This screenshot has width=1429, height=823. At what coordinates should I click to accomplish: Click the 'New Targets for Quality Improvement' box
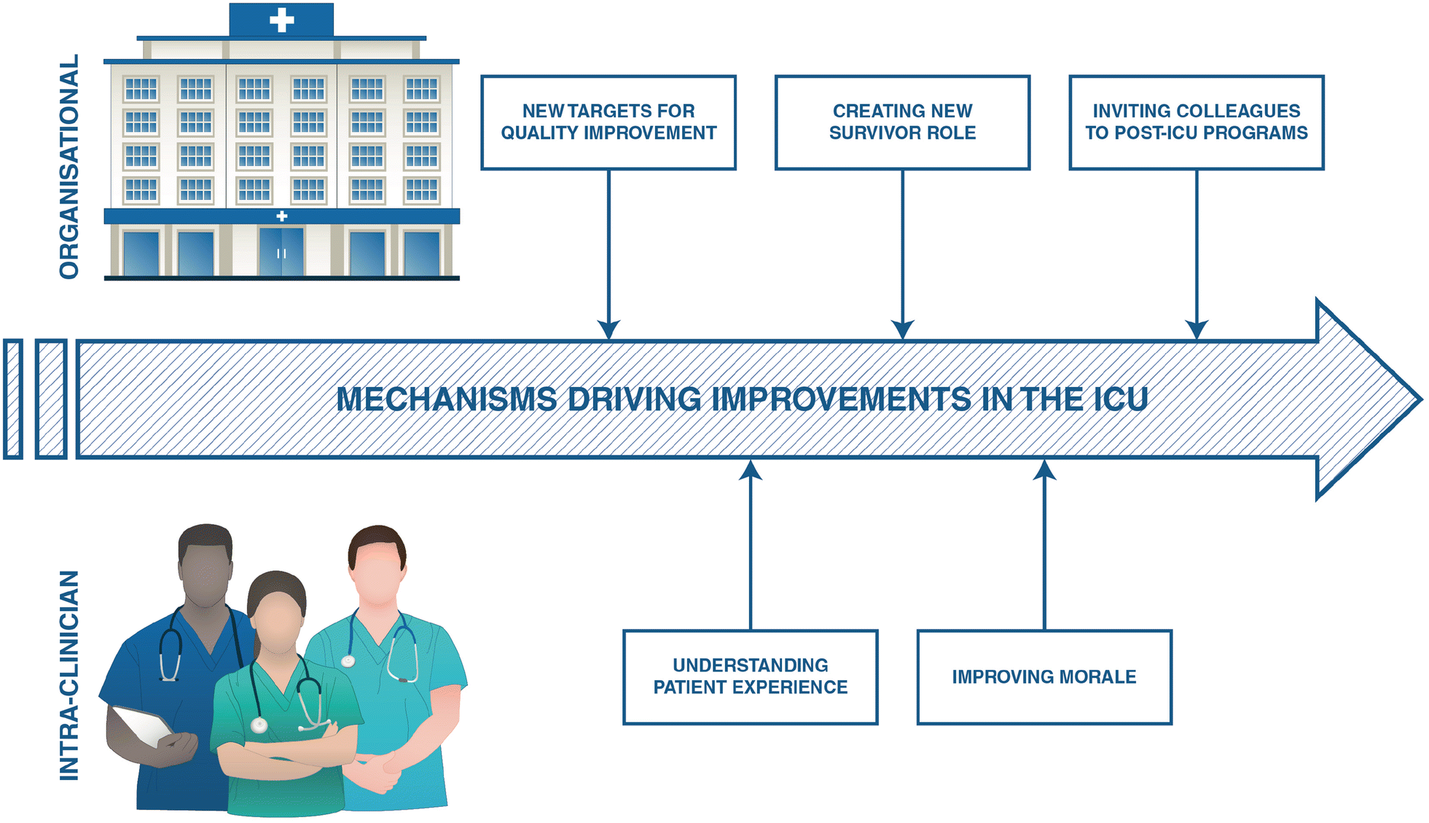608,122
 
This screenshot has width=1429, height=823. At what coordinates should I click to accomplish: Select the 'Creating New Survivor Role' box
902,122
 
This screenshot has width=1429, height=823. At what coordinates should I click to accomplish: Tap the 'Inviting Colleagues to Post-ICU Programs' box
1196,122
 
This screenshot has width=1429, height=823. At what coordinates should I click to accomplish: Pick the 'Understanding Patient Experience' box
750,676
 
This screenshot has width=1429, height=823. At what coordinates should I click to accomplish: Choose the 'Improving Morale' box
1044,676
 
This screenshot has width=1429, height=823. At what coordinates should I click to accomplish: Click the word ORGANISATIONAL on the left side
69,167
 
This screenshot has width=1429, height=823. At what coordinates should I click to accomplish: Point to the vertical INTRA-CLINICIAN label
69,675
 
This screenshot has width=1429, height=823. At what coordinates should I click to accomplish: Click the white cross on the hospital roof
281,20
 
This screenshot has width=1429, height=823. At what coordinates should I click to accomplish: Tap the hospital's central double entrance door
281,252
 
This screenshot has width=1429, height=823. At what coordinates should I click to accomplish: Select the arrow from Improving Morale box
1044,547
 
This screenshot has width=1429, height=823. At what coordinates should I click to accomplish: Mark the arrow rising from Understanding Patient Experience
751,547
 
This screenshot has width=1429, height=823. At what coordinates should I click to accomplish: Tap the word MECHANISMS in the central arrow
446,399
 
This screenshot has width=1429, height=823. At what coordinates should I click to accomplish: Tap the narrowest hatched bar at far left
13,399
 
